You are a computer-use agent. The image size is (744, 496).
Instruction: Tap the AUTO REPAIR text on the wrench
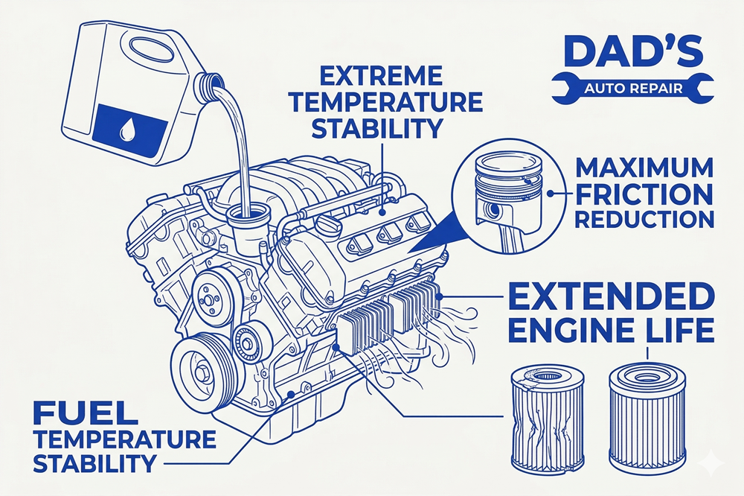pyautogui.click(x=633, y=89)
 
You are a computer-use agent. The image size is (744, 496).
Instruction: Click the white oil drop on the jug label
pyautogui.click(x=126, y=129)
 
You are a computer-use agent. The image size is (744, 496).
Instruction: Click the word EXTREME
pyautogui.click(x=381, y=76)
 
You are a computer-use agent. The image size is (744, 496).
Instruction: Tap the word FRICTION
pyautogui.click(x=644, y=194)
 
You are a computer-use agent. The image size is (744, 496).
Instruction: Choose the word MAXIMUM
pyautogui.click(x=644, y=168)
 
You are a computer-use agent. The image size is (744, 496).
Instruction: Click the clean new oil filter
pyautogui.click(x=648, y=413)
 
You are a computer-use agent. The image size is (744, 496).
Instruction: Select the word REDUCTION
pyautogui.click(x=644, y=219)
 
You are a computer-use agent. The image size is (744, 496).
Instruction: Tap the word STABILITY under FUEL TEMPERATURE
pyautogui.click(x=95, y=462)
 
